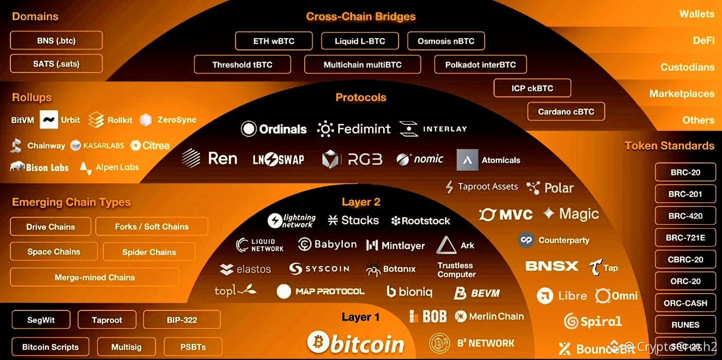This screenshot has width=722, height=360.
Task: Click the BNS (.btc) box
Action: [56, 40]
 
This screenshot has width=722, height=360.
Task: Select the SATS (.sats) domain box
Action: [56, 64]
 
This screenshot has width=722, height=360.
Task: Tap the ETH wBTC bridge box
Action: [273, 41]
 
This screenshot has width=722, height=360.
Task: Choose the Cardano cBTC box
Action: [566, 111]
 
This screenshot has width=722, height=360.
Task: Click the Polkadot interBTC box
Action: [480, 64]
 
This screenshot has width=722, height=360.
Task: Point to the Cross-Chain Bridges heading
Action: [360, 17]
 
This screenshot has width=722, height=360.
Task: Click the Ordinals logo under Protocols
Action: [274, 129]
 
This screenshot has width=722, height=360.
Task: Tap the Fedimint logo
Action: [354, 129]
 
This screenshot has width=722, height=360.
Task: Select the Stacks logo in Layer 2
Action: [353, 220]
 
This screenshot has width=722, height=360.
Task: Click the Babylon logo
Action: [327, 244]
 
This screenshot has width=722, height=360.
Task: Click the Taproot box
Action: [107, 320]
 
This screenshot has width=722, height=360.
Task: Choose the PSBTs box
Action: [193, 347]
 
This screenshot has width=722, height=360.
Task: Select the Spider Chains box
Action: [149, 252]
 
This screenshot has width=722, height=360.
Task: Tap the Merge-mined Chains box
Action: [94, 277]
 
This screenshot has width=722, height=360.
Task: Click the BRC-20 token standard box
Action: [685, 172]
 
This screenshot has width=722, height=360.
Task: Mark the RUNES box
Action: [685, 325]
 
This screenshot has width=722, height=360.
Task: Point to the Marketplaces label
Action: [681, 94]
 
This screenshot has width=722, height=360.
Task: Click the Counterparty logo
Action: [554, 240]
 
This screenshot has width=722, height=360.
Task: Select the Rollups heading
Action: [31, 97]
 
